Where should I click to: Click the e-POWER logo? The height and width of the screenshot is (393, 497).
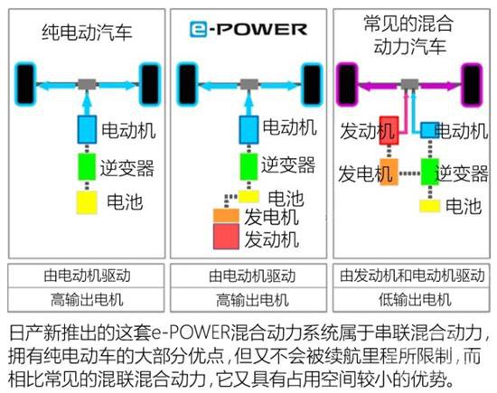(248, 30)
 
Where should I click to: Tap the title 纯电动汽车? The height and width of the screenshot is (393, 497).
(87, 32)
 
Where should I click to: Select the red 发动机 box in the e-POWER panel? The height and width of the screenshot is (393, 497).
(226, 237)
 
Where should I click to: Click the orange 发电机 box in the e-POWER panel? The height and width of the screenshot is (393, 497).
(226, 216)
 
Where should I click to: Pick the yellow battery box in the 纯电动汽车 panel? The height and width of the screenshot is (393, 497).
(87, 202)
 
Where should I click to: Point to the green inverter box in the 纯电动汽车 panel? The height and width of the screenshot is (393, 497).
(87, 167)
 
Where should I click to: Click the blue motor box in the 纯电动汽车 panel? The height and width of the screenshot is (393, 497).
(87, 129)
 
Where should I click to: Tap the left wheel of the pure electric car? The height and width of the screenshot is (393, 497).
(25, 84)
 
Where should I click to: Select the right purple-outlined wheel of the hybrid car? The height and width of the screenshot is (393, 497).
(472, 85)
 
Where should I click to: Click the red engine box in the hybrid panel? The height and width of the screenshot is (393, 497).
(389, 131)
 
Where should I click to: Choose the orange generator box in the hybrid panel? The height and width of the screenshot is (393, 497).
(389, 172)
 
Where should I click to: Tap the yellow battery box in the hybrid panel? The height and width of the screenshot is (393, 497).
(430, 206)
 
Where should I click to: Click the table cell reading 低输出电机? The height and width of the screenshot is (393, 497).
(411, 300)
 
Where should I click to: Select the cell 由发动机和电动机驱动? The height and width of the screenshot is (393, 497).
(411, 276)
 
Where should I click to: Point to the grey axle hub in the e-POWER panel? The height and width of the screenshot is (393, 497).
(248, 84)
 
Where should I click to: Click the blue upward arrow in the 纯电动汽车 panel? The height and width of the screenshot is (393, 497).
(87, 104)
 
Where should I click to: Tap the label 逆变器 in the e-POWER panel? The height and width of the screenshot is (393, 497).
(288, 165)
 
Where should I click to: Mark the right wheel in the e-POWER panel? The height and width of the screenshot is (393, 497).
(313, 84)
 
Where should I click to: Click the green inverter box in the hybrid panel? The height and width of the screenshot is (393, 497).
(430, 172)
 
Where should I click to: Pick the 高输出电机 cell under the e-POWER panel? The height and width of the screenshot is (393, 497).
(248, 300)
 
